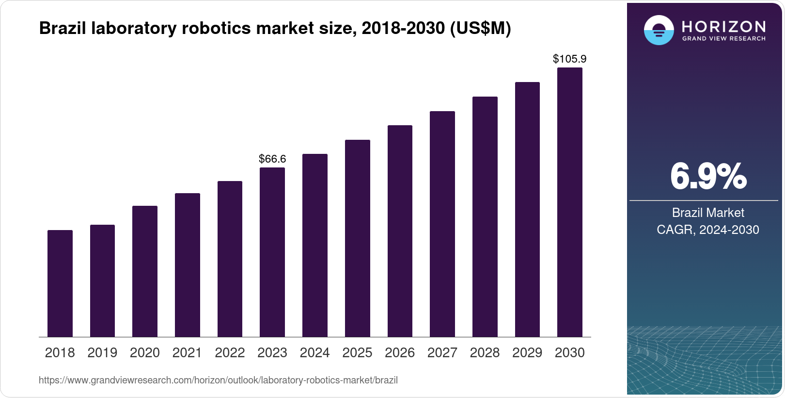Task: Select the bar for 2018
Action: point(60,283)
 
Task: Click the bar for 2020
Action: point(145,271)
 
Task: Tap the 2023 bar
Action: point(272,252)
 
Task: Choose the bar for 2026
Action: point(400,231)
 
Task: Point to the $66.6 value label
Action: point(272,159)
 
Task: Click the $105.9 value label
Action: point(570,59)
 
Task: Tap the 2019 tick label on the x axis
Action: point(102,353)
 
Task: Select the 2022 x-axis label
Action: point(230,353)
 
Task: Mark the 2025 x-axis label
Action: point(357,353)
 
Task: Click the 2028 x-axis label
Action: point(485,353)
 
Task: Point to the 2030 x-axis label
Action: point(570,353)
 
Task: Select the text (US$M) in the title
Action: point(481,29)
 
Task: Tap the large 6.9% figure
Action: point(708,177)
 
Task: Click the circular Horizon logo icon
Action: point(659,30)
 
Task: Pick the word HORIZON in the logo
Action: point(723,26)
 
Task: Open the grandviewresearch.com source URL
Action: point(218,381)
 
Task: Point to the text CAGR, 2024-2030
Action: point(708,230)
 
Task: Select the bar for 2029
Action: point(527,210)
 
